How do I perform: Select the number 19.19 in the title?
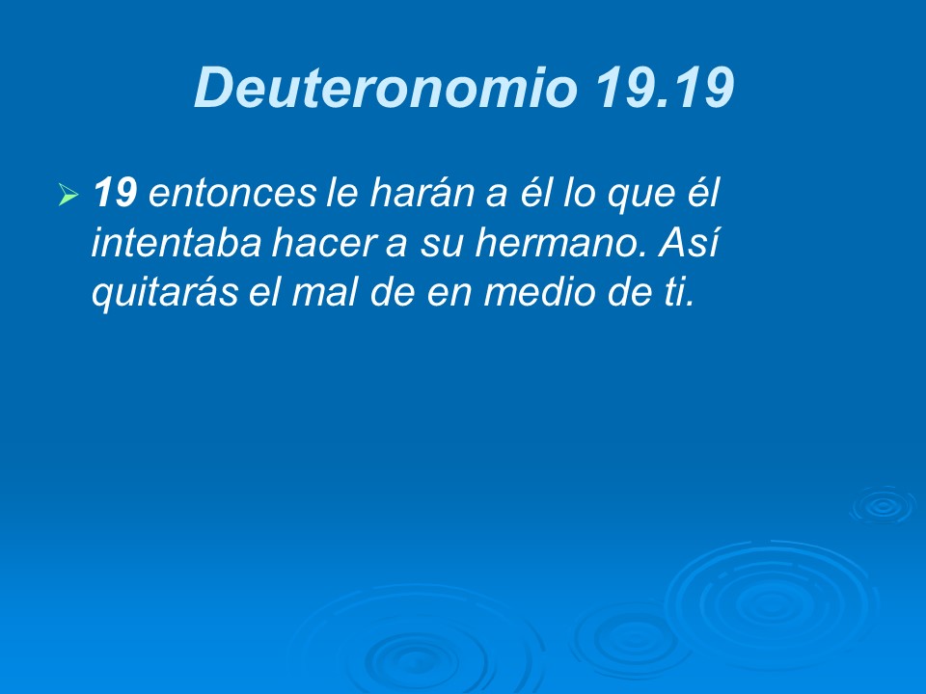pyautogui.click(x=665, y=89)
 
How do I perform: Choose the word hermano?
pyautogui.click(x=561, y=246)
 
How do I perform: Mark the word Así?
pyautogui.click(x=688, y=246)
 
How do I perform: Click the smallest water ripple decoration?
pyautogui.click(x=881, y=504)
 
